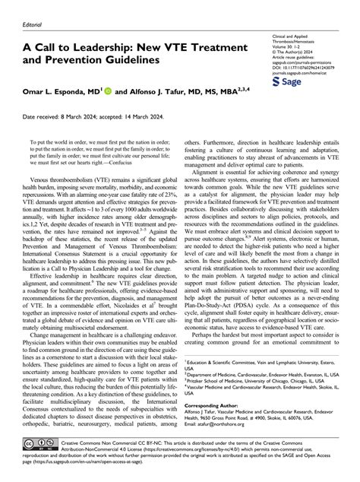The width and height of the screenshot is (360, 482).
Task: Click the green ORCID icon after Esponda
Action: [x=111, y=89]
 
